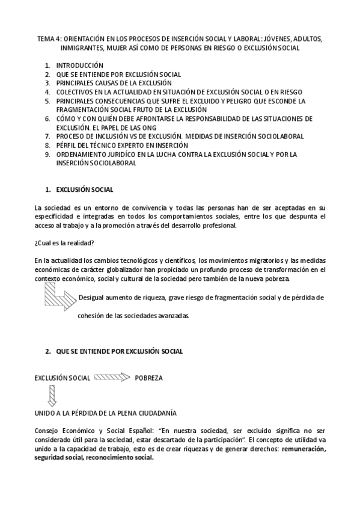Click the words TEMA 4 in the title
[x=47, y=38]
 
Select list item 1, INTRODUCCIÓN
[x=79, y=65]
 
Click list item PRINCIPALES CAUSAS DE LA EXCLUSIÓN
[x=114, y=83]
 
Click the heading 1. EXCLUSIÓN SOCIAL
[x=79, y=190]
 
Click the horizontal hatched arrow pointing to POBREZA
[x=112, y=378]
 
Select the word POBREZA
[x=148, y=378]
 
